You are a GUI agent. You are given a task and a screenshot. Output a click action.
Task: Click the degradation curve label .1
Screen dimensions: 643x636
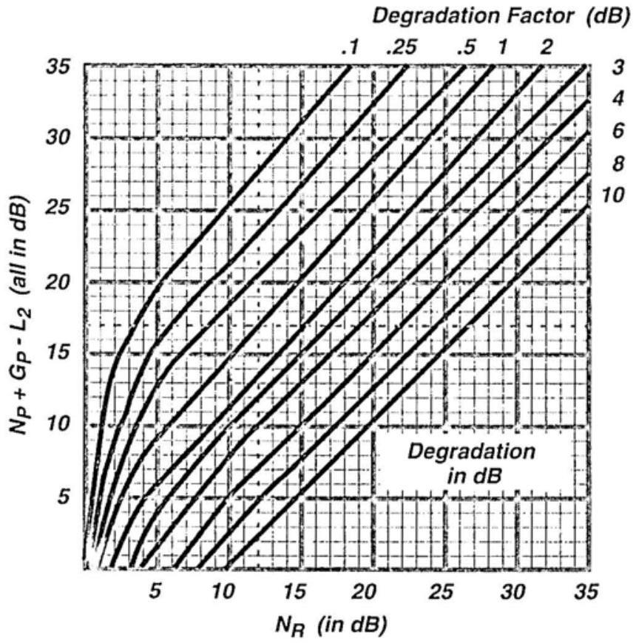tap(350, 48)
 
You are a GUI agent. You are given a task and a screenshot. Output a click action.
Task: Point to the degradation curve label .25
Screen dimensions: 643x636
tap(402, 48)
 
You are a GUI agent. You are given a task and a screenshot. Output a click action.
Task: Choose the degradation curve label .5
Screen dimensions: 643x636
tap(465, 48)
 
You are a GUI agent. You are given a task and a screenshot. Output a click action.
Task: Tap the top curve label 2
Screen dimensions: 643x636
tap(546, 48)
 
